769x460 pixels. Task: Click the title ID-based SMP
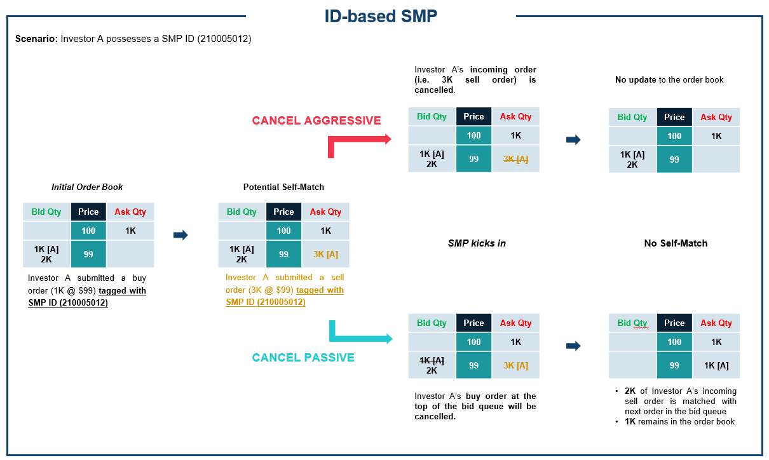(381, 16)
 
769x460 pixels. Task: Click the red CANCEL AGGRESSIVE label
(316, 121)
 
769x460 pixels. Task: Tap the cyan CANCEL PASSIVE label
(303, 357)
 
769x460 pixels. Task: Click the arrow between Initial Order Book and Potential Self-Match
(180, 235)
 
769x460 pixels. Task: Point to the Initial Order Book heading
(87, 187)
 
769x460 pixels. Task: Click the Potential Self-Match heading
(283, 187)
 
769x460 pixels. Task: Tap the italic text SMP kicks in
(477, 243)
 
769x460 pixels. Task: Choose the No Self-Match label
(676, 243)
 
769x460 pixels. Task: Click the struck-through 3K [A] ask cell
(515, 159)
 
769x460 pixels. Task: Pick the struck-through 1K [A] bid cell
(432, 360)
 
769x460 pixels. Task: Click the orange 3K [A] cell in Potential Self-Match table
(325, 254)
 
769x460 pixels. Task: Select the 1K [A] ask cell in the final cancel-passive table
(716, 365)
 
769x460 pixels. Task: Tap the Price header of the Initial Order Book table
(88, 212)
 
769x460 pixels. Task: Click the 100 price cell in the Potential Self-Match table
(283, 231)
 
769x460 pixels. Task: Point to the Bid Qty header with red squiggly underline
(632, 323)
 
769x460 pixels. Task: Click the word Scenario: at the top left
(36, 39)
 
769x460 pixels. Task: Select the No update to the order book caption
(669, 80)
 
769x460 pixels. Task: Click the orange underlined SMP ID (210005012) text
(266, 302)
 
